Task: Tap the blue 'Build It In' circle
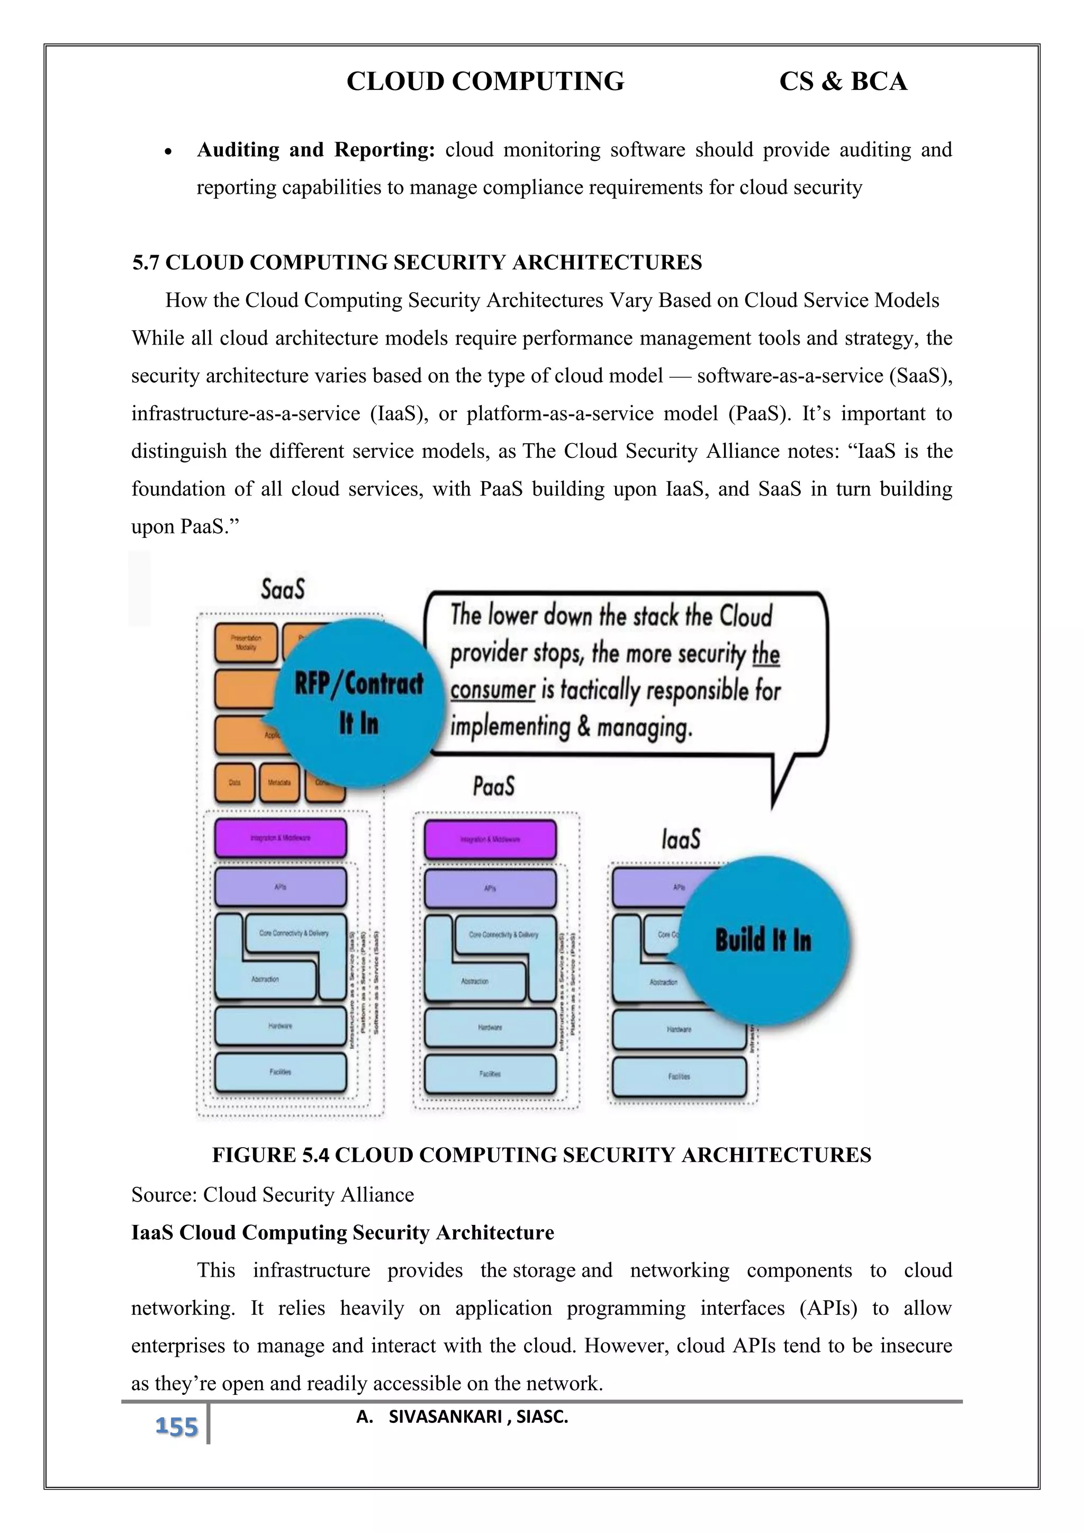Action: pyautogui.click(x=764, y=940)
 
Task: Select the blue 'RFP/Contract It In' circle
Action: pyautogui.click(x=359, y=703)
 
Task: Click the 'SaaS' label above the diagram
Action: pyautogui.click(x=283, y=589)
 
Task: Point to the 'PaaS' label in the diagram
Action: pyautogui.click(x=494, y=786)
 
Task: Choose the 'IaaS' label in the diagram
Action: pyautogui.click(x=681, y=838)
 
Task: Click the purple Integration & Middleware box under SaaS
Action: pyautogui.click(x=281, y=838)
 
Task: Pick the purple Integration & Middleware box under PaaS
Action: pyautogui.click(x=490, y=839)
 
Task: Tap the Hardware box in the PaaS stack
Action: pyautogui.click(x=490, y=1027)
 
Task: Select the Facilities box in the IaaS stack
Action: pyautogui.click(x=679, y=1076)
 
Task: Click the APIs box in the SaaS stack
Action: pyautogui.click(x=281, y=887)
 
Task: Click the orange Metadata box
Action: pyautogui.click(x=279, y=782)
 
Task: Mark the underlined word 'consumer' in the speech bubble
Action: pyautogui.click(x=493, y=690)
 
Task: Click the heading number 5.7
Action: pyautogui.click(x=146, y=263)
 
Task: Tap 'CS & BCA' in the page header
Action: pyautogui.click(x=843, y=82)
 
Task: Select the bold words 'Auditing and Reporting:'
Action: pyautogui.click(x=315, y=150)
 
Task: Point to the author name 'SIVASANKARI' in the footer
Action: pyautogui.click(x=445, y=1417)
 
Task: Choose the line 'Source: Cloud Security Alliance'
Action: pyautogui.click(x=273, y=1195)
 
